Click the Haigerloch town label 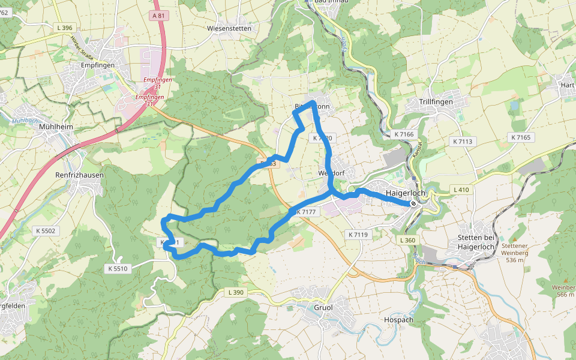click(x=406, y=193)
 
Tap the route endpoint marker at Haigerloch click(x=413, y=203)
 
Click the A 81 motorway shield click(x=158, y=16)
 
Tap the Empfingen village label click(x=97, y=65)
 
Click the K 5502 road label click(x=46, y=230)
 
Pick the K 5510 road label click(x=118, y=268)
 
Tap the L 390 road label click(x=236, y=292)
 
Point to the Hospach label click(x=398, y=320)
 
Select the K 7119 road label click(x=358, y=235)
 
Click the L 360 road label click(x=407, y=240)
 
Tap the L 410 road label click(x=461, y=190)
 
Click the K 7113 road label click(x=461, y=142)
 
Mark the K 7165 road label click(x=521, y=137)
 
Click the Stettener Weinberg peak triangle click(x=514, y=239)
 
